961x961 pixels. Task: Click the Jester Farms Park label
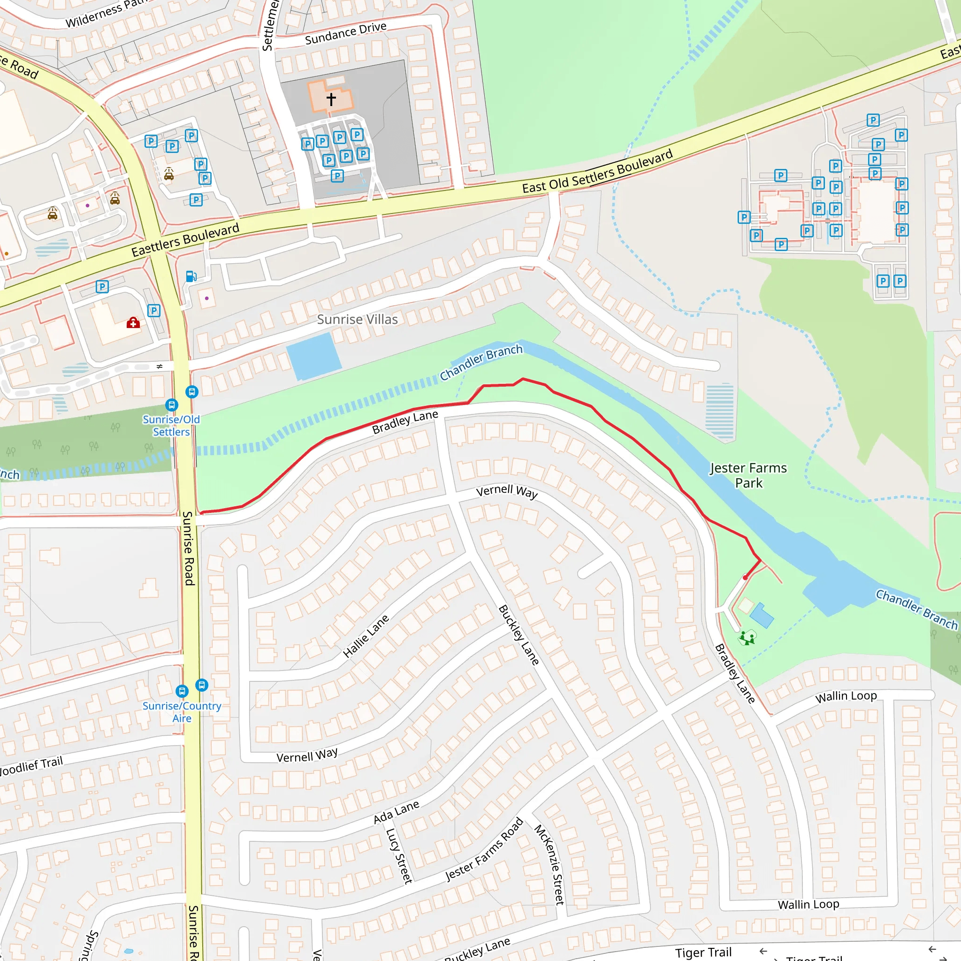748,475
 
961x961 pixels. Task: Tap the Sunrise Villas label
357,320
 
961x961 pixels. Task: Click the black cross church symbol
331,99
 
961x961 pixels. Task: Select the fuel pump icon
191,276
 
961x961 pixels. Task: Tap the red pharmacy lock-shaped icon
133,323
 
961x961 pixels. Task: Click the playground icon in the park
747,637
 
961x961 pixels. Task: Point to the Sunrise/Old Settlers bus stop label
171,426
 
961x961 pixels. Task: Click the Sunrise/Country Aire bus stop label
182,712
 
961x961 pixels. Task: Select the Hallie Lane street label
366,636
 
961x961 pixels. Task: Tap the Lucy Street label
399,855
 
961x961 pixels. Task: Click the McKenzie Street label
549,864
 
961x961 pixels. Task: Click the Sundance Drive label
345,33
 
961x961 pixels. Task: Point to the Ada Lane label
396,812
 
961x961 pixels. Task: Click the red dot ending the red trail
745,578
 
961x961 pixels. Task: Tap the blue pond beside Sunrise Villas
313,356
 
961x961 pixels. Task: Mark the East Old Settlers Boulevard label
597,172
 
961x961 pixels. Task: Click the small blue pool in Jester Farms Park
761,616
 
